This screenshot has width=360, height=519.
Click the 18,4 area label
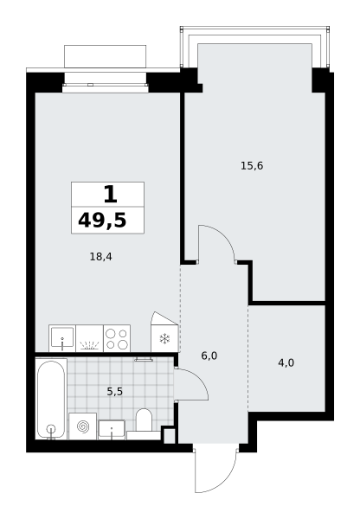[x=101, y=257]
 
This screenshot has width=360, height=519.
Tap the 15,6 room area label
[x=252, y=165]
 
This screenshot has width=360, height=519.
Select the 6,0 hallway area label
[x=209, y=356]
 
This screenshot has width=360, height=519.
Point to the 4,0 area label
[x=286, y=363]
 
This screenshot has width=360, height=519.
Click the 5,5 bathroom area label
[x=115, y=392]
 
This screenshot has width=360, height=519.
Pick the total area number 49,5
[x=102, y=220]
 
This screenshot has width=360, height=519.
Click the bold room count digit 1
[x=110, y=195]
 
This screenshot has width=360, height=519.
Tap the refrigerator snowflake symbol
[x=164, y=338]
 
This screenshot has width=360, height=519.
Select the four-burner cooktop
[x=117, y=338]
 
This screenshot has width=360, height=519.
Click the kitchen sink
[x=62, y=338]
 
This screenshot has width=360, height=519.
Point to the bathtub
[x=51, y=399]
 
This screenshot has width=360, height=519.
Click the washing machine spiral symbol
[x=82, y=426]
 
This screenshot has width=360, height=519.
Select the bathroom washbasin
[x=112, y=430]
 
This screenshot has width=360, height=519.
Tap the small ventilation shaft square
[x=170, y=435]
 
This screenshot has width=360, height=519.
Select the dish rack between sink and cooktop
[x=89, y=338]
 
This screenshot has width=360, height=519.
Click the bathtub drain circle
[x=51, y=429]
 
